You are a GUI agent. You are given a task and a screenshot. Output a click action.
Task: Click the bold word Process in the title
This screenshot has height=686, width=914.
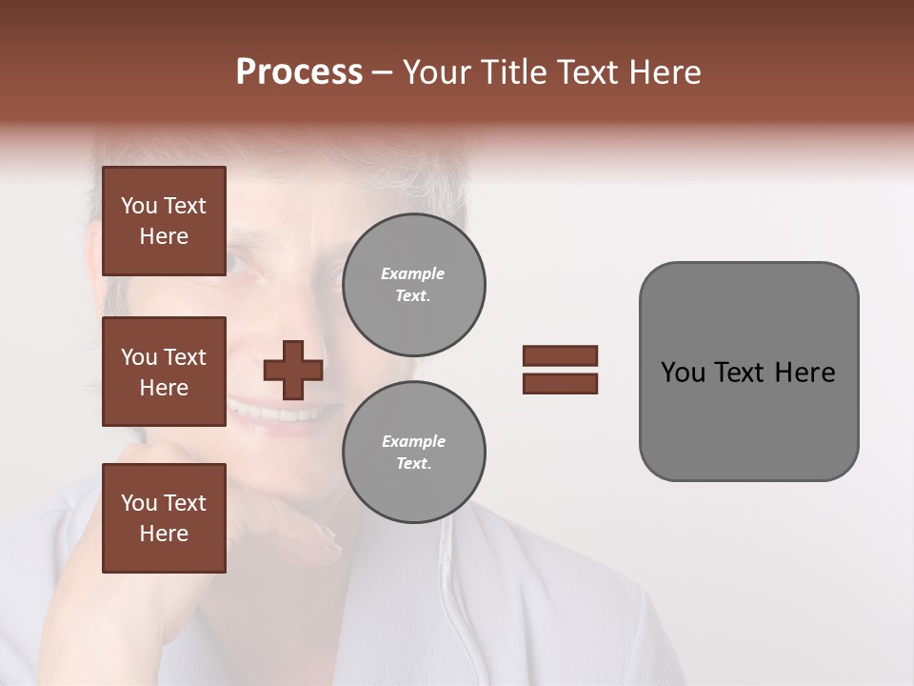click(x=299, y=72)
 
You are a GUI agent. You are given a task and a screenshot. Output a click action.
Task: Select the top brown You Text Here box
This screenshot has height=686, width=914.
click(x=164, y=221)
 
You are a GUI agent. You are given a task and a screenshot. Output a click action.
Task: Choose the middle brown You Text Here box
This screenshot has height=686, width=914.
click(x=164, y=372)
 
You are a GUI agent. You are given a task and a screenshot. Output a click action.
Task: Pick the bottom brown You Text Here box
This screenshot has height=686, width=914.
click(x=164, y=518)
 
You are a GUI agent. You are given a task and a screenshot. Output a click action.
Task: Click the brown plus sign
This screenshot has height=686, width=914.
click(x=293, y=370)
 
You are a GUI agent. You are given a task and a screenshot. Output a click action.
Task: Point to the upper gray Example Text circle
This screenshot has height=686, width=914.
click(x=414, y=285)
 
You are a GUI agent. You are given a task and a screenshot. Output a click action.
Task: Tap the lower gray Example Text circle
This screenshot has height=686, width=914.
click(x=414, y=453)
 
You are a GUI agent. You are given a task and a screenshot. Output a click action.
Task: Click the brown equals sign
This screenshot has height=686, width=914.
click(x=560, y=370)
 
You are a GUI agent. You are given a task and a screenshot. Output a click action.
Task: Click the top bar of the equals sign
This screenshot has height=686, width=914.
click(x=560, y=356)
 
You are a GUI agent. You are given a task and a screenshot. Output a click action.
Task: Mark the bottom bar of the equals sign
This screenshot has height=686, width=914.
click(x=560, y=383)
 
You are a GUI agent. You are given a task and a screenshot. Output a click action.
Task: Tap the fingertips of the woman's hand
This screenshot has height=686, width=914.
click(x=328, y=545)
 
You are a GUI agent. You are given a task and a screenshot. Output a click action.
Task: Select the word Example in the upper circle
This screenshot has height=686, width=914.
click(x=413, y=273)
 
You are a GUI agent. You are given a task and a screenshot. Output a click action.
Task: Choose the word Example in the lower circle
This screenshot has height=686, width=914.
click(x=413, y=441)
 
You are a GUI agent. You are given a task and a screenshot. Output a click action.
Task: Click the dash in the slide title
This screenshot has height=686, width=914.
click(x=383, y=72)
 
